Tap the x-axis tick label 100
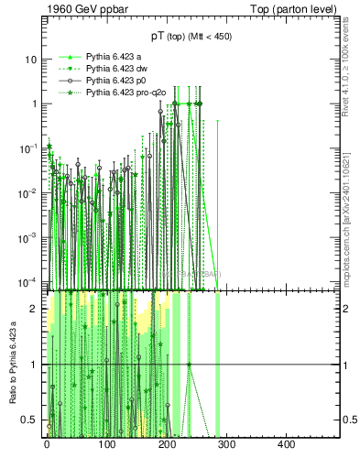[x=106, y=445]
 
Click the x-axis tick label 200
[x=166, y=445]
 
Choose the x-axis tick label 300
[x=226, y=445]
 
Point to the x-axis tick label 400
[x=286, y=445]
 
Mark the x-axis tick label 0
[x=47, y=445]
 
